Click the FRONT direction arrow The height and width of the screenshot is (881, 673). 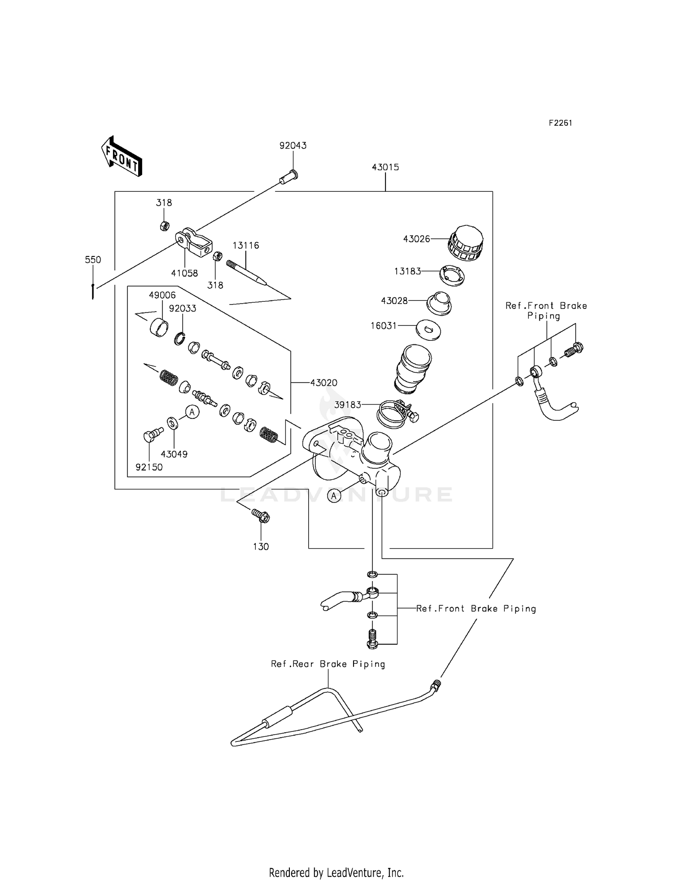[122, 157]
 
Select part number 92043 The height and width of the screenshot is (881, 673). [293, 145]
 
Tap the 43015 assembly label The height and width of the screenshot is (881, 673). [385, 167]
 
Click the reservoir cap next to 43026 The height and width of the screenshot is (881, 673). [466, 243]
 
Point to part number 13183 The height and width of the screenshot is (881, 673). [407, 271]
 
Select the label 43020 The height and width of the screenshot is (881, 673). [323, 383]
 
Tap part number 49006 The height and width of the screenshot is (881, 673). [162, 295]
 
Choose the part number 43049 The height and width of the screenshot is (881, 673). [174, 454]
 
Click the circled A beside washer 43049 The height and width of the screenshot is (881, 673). [192, 411]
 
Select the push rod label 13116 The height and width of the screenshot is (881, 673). [245, 245]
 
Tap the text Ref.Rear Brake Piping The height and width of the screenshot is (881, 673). [328, 664]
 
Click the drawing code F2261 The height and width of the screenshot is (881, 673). [560, 123]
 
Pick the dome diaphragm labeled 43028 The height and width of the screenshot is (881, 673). [439, 304]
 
